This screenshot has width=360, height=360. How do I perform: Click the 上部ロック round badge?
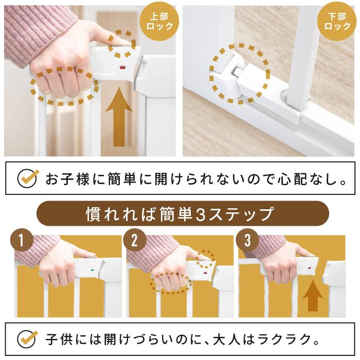tap(159, 22)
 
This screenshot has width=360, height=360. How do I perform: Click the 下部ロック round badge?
tap(337, 22)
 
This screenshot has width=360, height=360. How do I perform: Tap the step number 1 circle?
tap(22, 240)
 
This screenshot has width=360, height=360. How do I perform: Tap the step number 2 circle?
tap(135, 240)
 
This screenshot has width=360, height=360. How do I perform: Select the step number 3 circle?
tap(247, 240)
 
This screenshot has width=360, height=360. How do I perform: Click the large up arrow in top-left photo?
tap(119, 117)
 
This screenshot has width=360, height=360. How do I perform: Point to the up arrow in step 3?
tap(313, 296)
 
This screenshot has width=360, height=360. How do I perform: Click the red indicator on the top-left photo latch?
tap(122, 68)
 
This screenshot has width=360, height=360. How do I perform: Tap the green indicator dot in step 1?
tap(93, 270)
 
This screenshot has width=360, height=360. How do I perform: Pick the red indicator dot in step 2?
tap(205, 273)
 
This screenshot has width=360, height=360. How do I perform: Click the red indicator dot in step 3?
tap(309, 268)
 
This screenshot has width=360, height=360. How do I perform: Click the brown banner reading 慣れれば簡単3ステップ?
tap(183, 213)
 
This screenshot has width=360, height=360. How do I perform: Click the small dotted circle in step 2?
tap(206, 259)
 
